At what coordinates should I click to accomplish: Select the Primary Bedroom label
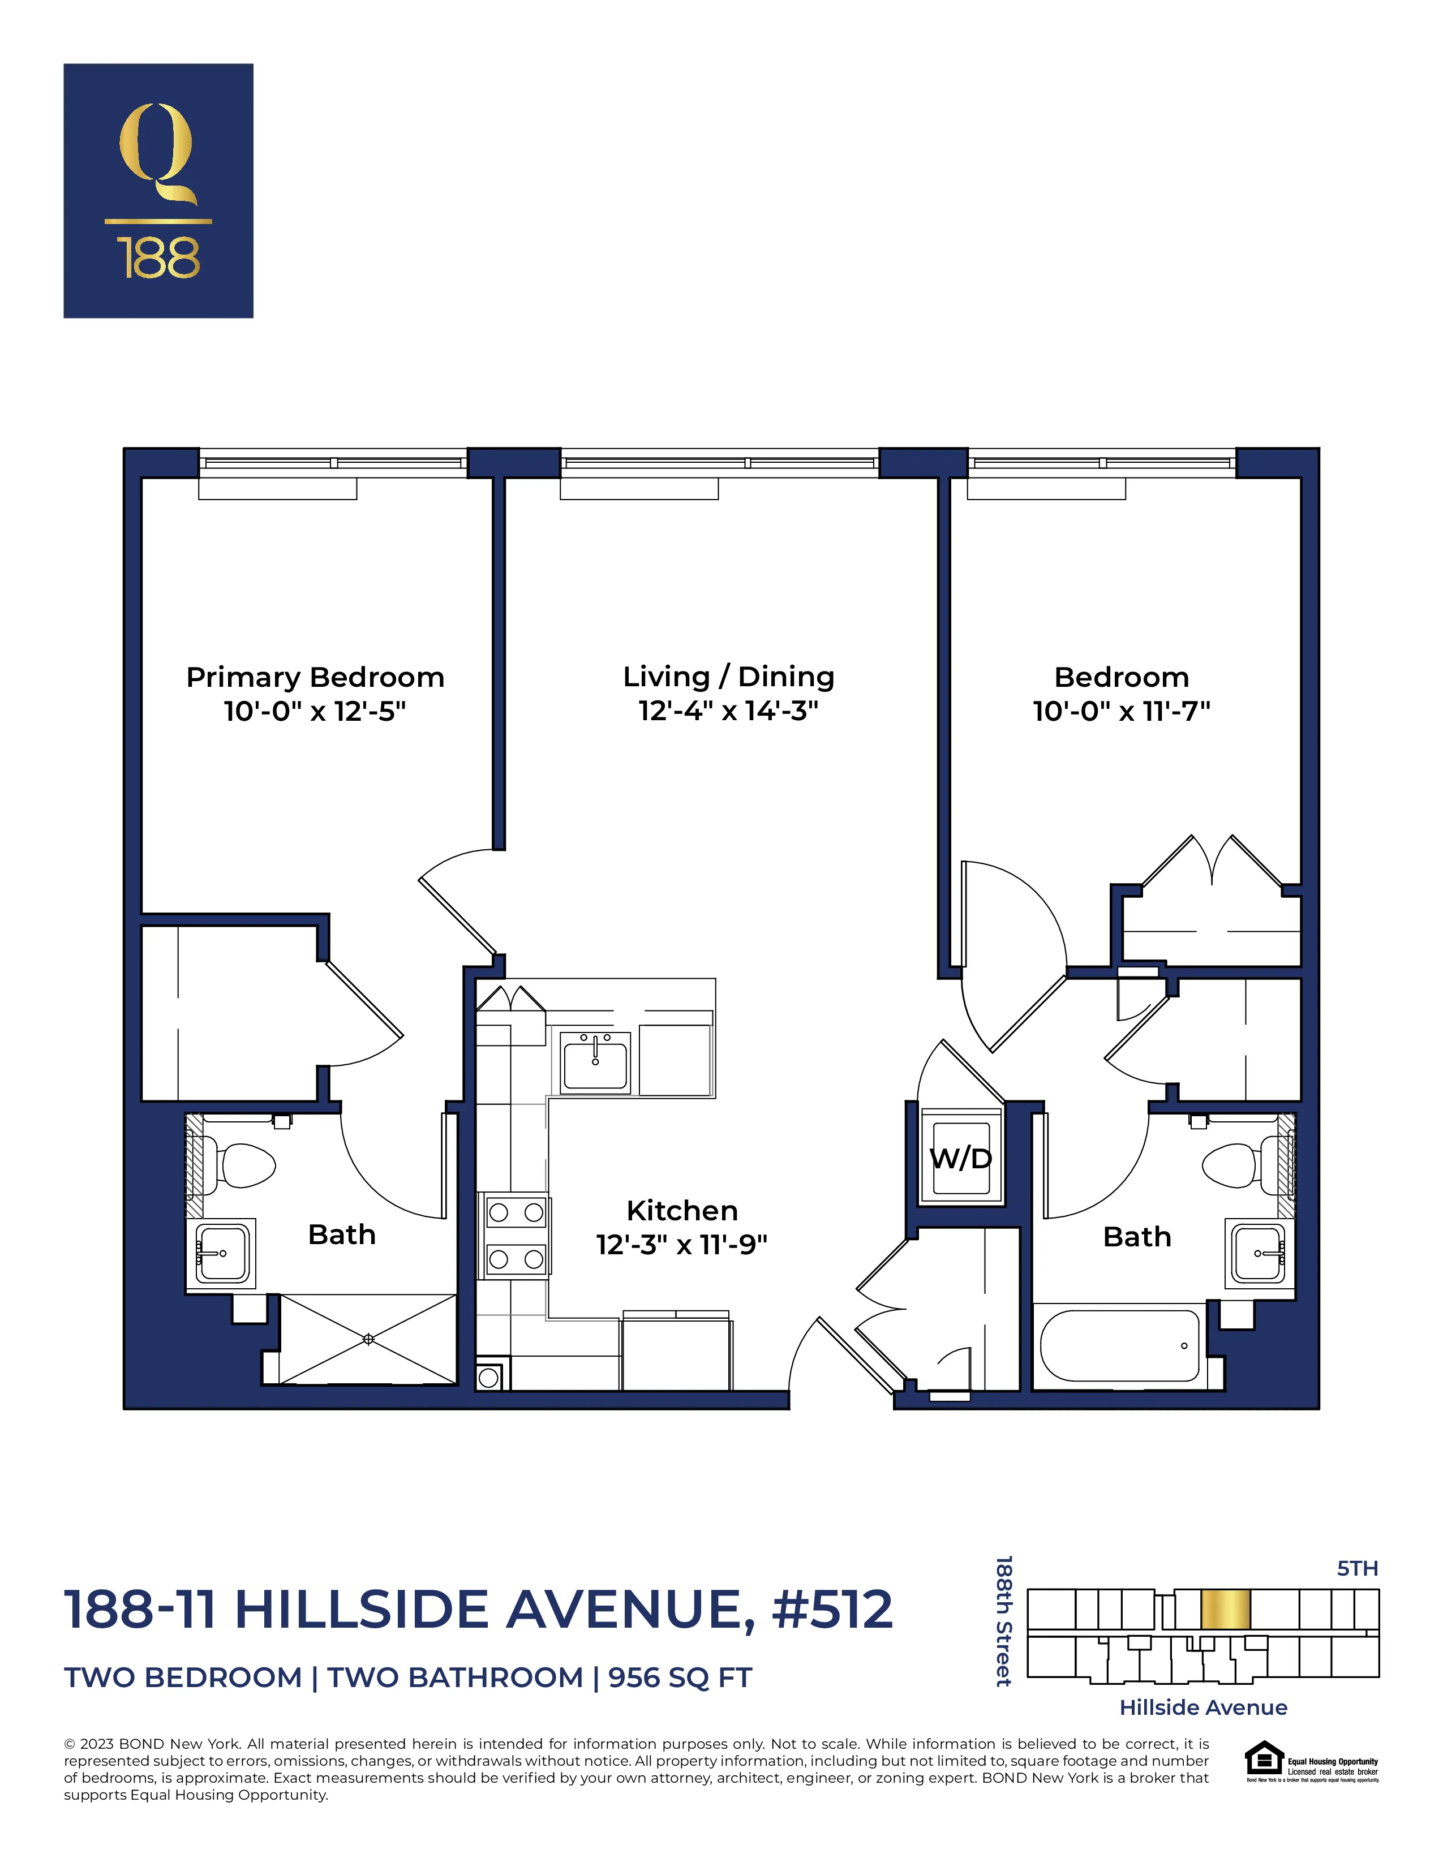tap(315, 677)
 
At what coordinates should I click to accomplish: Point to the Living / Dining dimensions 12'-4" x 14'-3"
tap(728, 711)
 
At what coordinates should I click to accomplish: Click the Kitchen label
tap(681, 1211)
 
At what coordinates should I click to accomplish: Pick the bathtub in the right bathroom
tap(1119, 1345)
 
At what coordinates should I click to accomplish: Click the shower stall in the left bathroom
tap(368, 1339)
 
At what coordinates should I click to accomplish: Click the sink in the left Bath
tap(222, 1253)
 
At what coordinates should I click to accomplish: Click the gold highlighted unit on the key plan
tap(1225, 1610)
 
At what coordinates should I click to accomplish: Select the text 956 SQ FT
tap(680, 1678)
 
